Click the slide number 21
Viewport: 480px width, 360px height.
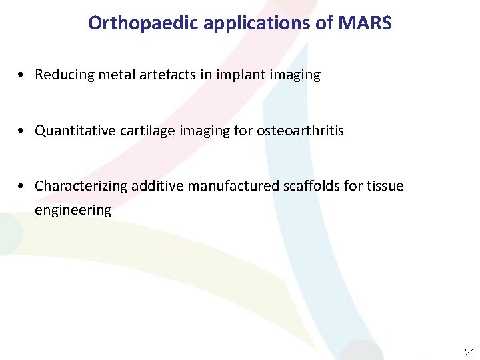(469, 352)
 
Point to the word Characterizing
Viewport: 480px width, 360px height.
(81, 186)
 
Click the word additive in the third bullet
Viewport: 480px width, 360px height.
(157, 186)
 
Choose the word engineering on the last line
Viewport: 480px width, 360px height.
(73, 211)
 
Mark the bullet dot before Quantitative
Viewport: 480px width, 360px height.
(24, 131)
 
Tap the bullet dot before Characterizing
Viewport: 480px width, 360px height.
(24, 187)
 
